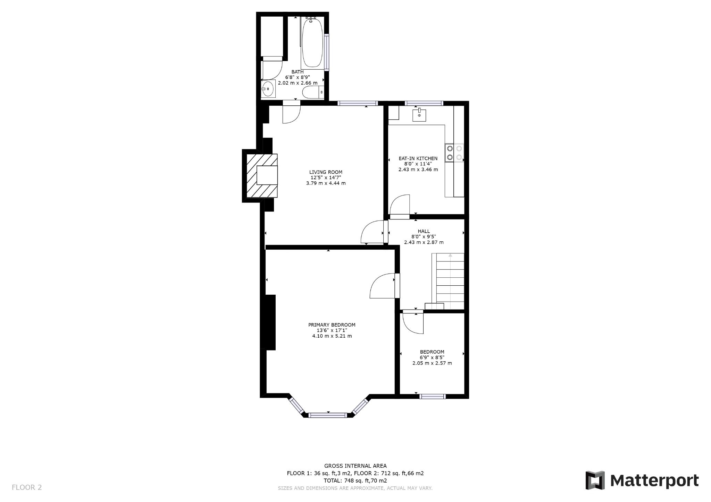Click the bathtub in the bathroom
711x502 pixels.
point(312,43)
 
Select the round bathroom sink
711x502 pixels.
point(268,89)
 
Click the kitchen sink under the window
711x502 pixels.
point(419,115)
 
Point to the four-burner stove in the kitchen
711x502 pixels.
point(454,153)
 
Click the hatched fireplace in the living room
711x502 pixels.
point(262,175)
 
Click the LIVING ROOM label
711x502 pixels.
point(326,172)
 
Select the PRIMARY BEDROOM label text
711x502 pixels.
point(332,325)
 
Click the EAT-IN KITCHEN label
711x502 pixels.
point(418,158)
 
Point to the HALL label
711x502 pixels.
point(424,231)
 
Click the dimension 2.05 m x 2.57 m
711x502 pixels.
point(432,363)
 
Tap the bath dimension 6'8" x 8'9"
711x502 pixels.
point(297,77)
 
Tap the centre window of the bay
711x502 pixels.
point(327,415)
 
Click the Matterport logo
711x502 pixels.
point(642,481)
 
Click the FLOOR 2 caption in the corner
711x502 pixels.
point(27,487)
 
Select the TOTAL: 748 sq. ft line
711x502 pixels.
point(355,481)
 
